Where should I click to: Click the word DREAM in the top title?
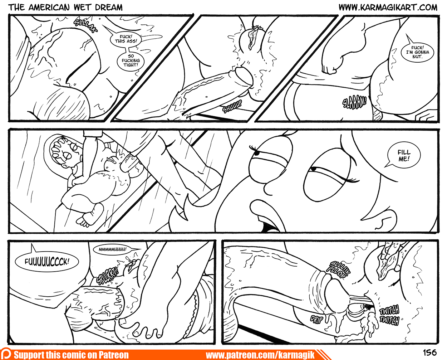tap(109, 8)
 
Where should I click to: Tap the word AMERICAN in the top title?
tap(49, 8)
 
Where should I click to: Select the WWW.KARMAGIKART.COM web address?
tap(388, 7)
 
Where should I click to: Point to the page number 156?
tap(430, 352)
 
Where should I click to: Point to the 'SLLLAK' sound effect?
tap(85, 26)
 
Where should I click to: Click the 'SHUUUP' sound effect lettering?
tap(232, 107)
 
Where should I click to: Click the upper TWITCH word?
tap(389, 310)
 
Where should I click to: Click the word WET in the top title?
tap(83, 8)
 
